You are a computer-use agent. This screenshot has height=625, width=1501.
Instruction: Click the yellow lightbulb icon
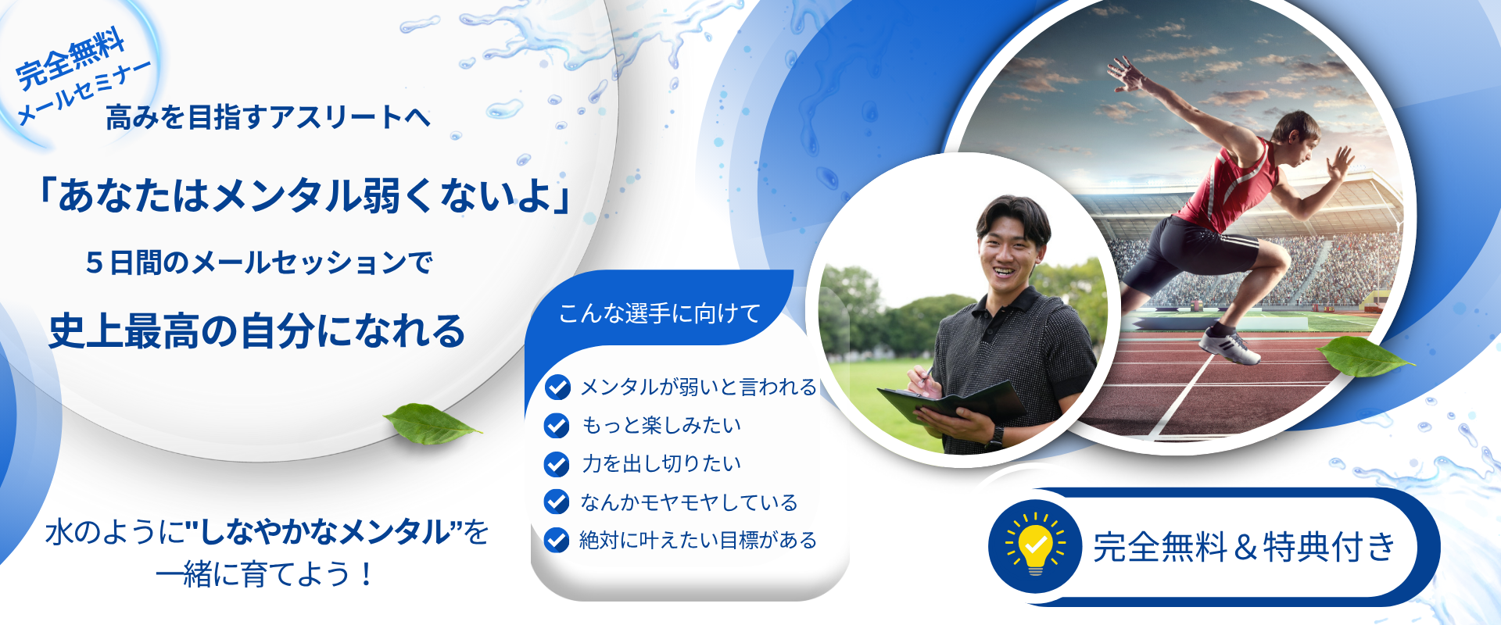tap(1035, 545)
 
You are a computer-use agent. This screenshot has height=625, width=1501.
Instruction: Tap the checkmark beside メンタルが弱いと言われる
tap(557, 387)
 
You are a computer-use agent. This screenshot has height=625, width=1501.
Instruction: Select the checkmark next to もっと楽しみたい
tap(557, 425)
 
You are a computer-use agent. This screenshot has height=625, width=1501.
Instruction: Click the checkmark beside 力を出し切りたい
tap(557, 463)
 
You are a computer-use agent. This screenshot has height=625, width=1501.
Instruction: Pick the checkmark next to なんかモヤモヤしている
tap(557, 502)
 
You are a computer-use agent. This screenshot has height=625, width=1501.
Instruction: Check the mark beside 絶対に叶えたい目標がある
tap(557, 540)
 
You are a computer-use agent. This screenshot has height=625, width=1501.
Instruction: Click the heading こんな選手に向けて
tap(660, 313)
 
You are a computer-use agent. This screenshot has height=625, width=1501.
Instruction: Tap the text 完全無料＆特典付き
tap(1244, 546)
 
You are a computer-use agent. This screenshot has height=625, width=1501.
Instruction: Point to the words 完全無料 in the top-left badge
tap(70, 58)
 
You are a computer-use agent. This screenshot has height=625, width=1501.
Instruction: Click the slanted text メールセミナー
tap(84, 92)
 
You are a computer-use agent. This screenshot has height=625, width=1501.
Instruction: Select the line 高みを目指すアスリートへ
tap(268, 117)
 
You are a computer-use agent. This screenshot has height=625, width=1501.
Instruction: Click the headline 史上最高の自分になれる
tap(257, 330)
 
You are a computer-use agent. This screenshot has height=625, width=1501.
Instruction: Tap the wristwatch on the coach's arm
tap(995, 436)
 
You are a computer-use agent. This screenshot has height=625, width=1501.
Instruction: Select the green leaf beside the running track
tap(1364, 356)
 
